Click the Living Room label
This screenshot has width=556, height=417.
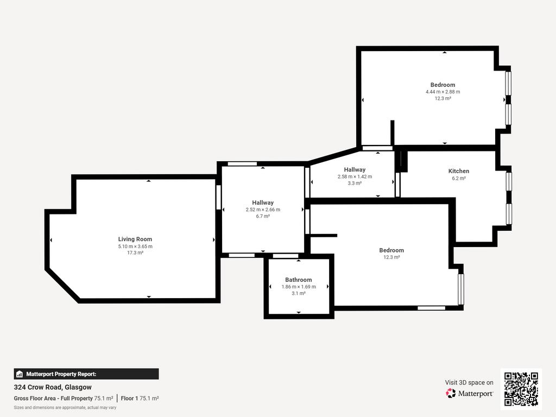[135, 239]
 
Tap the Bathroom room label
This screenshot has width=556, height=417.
[299, 280]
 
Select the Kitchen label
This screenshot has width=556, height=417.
[458, 171]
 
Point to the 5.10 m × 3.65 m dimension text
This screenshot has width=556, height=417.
[135, 247]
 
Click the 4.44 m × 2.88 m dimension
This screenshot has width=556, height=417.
[443, 91]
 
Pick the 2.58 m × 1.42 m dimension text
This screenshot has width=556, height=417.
[355, 176]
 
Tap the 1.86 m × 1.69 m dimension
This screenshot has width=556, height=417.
[299, 287]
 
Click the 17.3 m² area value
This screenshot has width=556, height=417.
[135, 253]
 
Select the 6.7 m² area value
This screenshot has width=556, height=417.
[263, 216]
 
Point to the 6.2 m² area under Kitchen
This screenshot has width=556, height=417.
[458, 178]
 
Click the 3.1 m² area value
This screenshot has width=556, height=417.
[299, 293]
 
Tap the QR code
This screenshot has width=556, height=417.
[521, 389]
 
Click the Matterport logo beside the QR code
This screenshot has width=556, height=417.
[469, 393]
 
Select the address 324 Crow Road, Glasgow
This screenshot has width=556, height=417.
[53, 387]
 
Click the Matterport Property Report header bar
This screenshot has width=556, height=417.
[86, 374]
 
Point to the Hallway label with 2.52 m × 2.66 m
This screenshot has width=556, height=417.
[263, 203]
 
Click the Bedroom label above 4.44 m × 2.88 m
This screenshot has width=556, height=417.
[443, 85]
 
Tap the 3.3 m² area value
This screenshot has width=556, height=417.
[355, 184]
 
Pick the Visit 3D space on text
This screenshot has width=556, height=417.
[469, 383]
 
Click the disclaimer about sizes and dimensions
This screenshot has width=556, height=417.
[65, 407]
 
